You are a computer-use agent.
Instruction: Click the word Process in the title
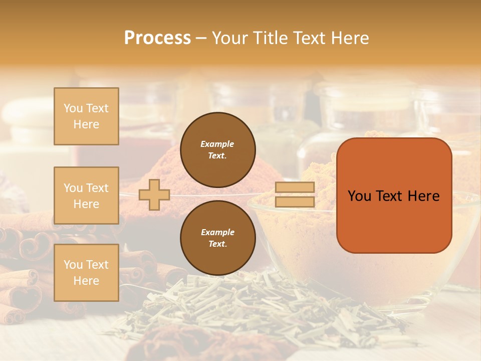coord(157,38)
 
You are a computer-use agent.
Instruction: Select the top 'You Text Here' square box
coord(86,116)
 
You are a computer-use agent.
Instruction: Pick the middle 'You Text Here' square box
coord(86,196)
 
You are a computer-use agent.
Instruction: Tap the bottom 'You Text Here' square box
coord(86,273)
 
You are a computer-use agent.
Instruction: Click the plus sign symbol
coord(154,195)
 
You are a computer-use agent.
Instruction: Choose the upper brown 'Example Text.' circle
coord(217,150)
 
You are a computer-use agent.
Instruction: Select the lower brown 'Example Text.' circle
coord(217,238)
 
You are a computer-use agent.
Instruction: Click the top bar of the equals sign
coord(295,187)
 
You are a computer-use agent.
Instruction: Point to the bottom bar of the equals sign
coord(295,202)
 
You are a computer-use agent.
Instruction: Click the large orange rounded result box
coord(394,196)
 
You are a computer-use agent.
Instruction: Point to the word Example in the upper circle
coord(217,144)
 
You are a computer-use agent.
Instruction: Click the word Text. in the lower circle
coord(217,244)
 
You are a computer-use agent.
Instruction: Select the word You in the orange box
coord(359,196)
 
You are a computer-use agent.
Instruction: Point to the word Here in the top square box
coord(86,124)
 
